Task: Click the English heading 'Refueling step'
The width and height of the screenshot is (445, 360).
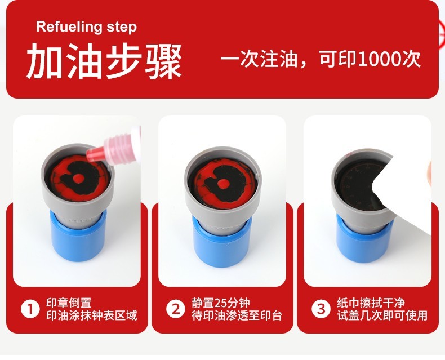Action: pyautogui.click(x=86, y=27)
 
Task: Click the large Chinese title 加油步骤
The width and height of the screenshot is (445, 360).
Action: pyautogui.click(x=104, y=61)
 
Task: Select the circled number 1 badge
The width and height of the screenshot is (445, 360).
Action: pyautogui.click(x=30, y=309)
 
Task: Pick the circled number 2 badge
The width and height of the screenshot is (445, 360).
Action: pyautogui.click(x=176, y=309)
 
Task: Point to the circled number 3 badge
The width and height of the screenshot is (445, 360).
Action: pyautogui.click(x=321, y=309)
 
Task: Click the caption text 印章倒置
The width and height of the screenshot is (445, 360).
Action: pyautogui.click(x=69, y=303)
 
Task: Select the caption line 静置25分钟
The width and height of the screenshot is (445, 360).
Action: pyautogui.click(x=220, y=303)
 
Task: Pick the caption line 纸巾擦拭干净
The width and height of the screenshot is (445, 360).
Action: pyautogui.click(x=371, y=303)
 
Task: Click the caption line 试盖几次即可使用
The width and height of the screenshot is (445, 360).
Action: pyautogui.click(x=382, y=315)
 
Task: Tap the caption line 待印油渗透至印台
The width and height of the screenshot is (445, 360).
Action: pyautogui.click(x=237, y=315)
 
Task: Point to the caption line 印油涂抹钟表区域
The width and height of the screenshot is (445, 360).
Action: pyautogui.click(x=92, y=315)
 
